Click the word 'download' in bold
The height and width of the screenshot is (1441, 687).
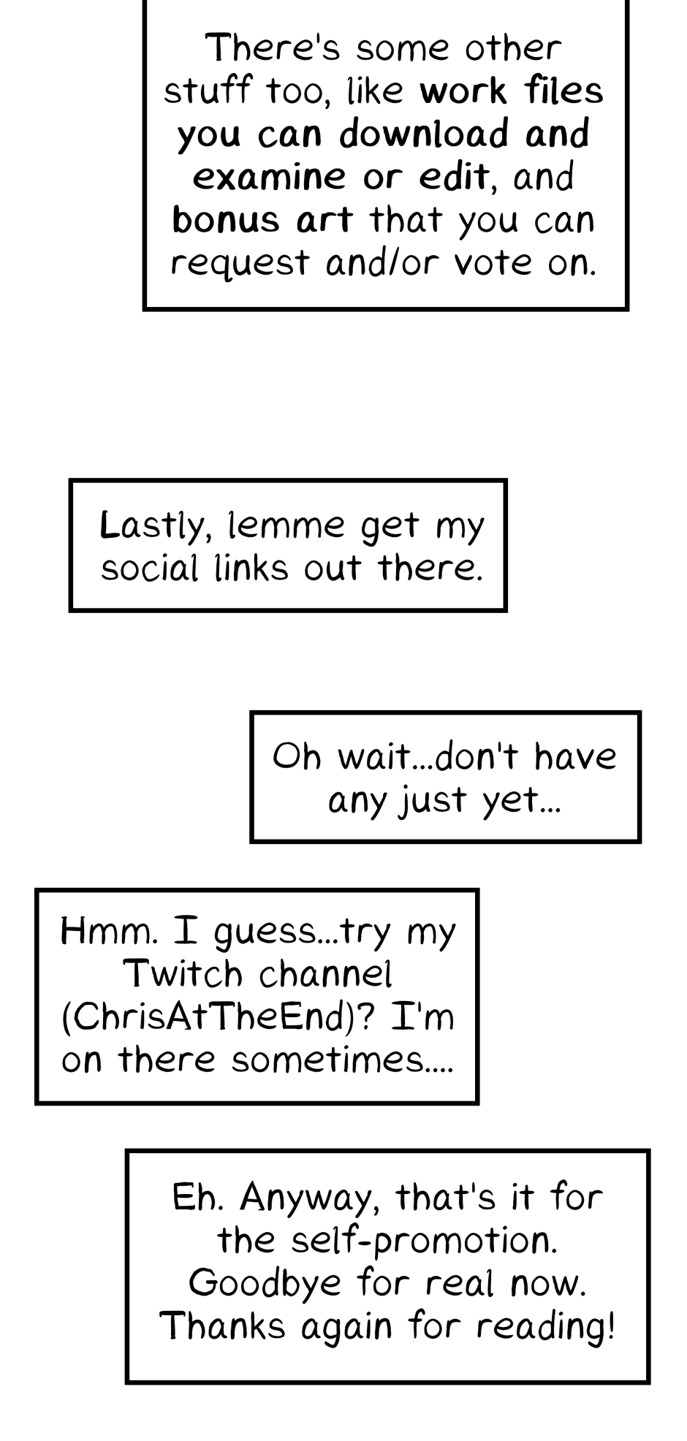pyautogui.click(x=423, y=134)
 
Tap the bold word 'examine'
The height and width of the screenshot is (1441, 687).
pyautogui.click(x=270, y=177)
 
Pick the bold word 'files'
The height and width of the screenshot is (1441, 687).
pyautogui.click(x=564, y=91)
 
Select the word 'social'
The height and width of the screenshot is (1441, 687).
pyautogui.click(x=149, y=569)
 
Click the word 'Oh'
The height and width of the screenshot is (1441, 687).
pyautogui.click(x=297, y=756)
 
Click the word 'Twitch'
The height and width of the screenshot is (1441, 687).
pyautogui.click(x=183, y=974)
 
